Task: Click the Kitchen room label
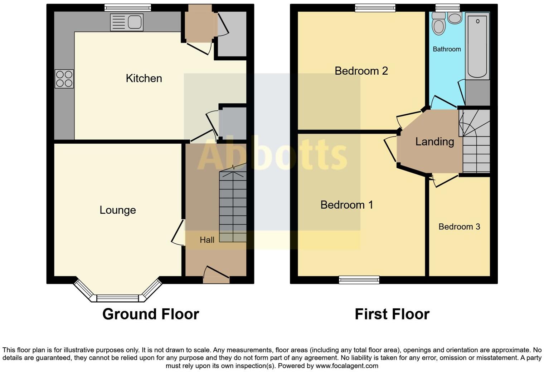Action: tap(144, 78)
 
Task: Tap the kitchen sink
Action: tap(127, 22)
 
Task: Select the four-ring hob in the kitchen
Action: tap(64, 79)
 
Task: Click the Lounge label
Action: tap(118, 210)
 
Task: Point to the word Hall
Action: tap(207, 240)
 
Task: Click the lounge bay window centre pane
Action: tap(117, 298)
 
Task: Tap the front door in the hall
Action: tap(216, 276)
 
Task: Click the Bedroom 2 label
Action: tap(361, 71)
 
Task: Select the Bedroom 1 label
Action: tap(347, 205)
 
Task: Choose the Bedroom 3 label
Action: tap(459, 227)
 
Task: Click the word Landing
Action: tap(434, 142)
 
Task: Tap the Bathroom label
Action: tap(447, 49)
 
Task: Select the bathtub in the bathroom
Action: tap(477, 46)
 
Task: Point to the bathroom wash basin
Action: tap(455, 18)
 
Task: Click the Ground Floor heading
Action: tap(150, 314)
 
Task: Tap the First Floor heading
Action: tap(392, 314)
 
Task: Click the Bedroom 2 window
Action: tap(375, 8)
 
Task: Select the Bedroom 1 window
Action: tap(359, 280)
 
